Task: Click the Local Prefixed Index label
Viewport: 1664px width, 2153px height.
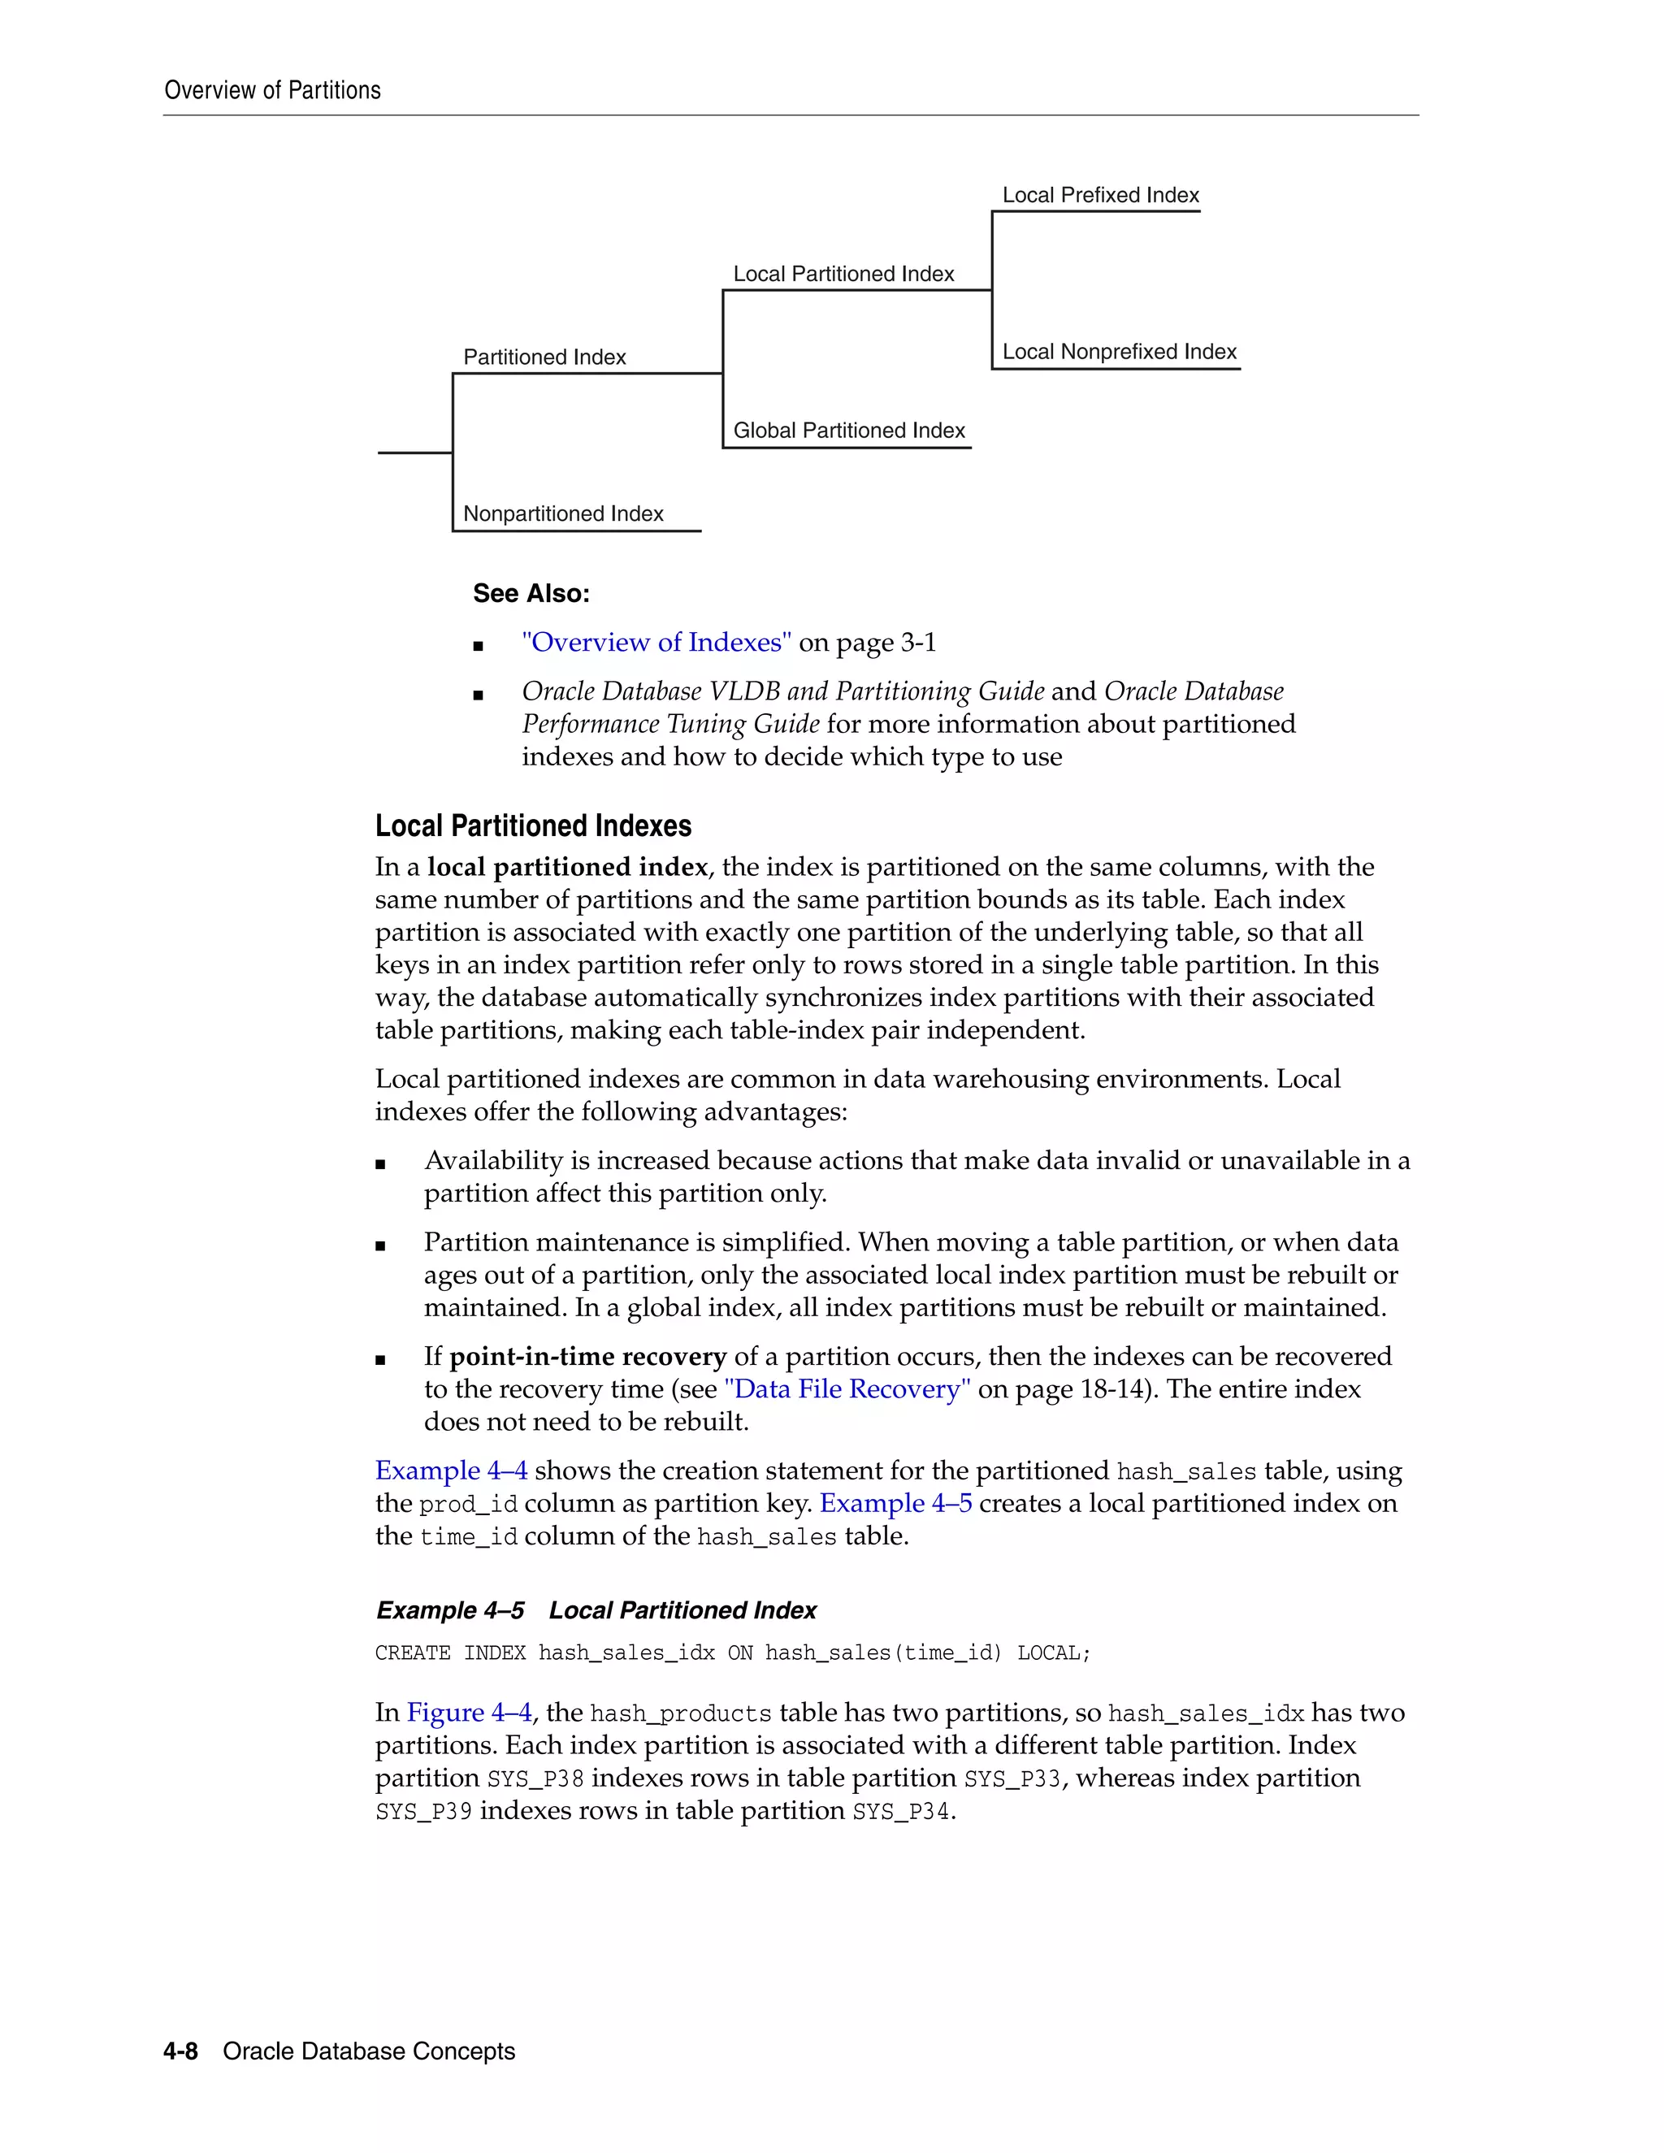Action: click(x=1100, y=195)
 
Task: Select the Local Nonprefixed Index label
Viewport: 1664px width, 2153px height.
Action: click(x=1119, y=352)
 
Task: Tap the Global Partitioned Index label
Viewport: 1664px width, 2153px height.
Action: click(x=849, y=431)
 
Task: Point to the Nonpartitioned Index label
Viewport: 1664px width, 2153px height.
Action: click(x=563, y=513)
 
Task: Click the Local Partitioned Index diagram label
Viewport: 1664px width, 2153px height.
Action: click(x=843, y=274)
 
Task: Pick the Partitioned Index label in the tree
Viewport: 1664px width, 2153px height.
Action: click(x=544, y=357)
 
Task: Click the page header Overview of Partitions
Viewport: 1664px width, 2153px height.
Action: click(x=272, y=91)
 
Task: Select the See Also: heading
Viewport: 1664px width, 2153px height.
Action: click(x=531, y=593)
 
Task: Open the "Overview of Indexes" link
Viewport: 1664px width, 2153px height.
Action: click(x=656, y=643)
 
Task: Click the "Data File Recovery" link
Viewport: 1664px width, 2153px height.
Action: click(x=847, y=1389)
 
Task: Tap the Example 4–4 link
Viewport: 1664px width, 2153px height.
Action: click(x=450, y=1471)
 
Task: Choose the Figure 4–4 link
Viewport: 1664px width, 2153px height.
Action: click(x=468, y=1713)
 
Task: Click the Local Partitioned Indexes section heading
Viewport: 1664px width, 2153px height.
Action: click(x=532, y=826)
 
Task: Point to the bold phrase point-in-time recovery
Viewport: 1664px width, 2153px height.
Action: click(x=587, y=1357)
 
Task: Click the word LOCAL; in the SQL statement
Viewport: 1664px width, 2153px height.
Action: click(x=1054, y=1653)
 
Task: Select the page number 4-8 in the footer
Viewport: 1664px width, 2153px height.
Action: click(x=180, y=2051)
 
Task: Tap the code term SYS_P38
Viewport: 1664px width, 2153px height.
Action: click(x=535, y=1778)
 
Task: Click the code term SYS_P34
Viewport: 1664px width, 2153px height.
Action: click(x=901, y=1812)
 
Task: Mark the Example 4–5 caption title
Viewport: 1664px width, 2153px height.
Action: click(x=596, y=1611)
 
